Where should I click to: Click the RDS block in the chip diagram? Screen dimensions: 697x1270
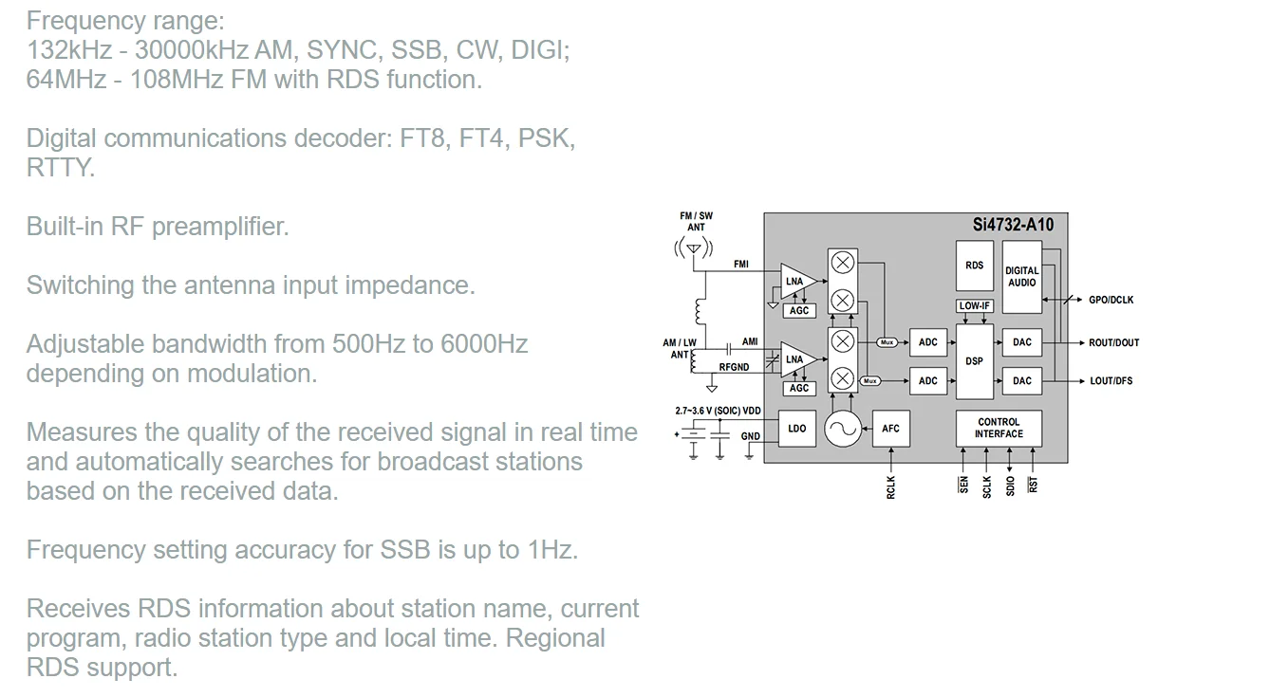click(x=974, y=266)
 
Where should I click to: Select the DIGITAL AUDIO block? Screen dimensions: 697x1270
click(x=1021, y=276)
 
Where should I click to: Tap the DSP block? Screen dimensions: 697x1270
click(x=974, y=361)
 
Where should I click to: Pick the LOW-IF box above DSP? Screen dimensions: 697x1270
click(x=974, y=306)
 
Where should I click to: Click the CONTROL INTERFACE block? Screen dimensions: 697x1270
click(x=999, y=428)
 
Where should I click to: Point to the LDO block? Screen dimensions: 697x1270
click(x=796, y=429)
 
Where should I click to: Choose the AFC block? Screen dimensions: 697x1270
click(x=890, y=429)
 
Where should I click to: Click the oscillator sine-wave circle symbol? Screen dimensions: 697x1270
click(x=842, y=430)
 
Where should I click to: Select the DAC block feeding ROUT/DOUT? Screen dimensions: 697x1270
click(x=1021, y=342)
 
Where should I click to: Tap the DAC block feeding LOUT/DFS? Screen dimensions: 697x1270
click(x=1021, y=381)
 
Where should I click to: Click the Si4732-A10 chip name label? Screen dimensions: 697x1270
click(x=1013, y=226)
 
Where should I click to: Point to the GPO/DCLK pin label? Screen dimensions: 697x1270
click(x=1111, y=300)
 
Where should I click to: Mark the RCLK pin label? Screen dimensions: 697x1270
click(x=890, y=487)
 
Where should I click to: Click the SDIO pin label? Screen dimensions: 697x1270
click(x=1010, y=485)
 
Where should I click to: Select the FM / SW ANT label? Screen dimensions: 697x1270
click(x=696, y=222)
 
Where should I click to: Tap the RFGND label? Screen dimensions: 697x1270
click(x=734, y=367)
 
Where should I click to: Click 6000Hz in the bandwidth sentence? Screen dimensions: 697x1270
click(x=484, y=343)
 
